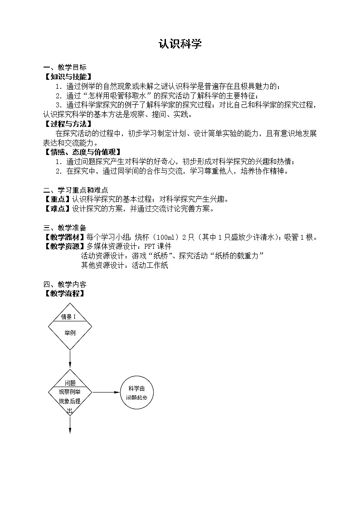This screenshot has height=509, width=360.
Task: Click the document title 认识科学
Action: point(180,44)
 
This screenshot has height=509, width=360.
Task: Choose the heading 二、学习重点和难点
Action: point(76,190)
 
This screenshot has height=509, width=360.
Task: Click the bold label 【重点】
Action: point(57,199)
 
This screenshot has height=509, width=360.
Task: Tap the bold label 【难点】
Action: point(57,209)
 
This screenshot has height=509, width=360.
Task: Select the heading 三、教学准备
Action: point(65,228)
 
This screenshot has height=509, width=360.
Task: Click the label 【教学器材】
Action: point(64,237)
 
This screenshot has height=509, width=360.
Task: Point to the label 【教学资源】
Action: point(64,247)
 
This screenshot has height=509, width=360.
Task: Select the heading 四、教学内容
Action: point(65,285)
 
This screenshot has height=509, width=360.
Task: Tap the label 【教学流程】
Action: point(64,294)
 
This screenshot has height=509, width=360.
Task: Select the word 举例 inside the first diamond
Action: point(70,333)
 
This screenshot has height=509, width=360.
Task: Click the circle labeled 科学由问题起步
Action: point(137,393)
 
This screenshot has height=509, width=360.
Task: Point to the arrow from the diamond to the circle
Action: point(106,393)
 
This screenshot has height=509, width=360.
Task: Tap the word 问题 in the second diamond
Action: point(70,383)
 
